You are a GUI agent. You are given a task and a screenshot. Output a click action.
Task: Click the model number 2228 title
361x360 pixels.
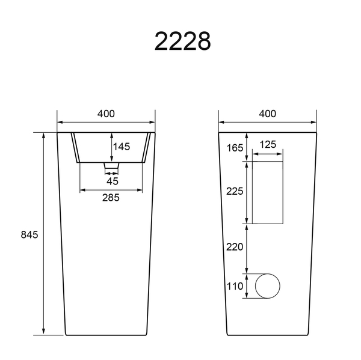pyautogui.click(x=182, y=41)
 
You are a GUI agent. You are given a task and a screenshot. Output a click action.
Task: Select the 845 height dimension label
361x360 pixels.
pyautogui.click(x=29, y=234)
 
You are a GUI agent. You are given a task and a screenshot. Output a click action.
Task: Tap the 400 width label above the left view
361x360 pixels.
pyautogui.click(x=106, y=114)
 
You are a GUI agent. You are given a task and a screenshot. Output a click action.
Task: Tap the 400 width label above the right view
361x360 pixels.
pyautogui.click(x=268, y=114)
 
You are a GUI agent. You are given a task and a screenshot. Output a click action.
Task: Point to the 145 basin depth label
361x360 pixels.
pyautogui.click(x=122, y=147)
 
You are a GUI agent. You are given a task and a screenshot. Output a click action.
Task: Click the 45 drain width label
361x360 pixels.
pyautogui.click(x=113, y=182)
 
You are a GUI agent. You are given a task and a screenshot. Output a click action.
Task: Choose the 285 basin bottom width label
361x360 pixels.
pyautogui.click(x=111, y=198)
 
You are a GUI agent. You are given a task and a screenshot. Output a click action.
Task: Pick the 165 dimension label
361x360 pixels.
pyautogui.click(x=235, y=148)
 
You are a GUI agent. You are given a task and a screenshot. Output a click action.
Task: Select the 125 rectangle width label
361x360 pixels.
pyautogui.click(x=268, y=144)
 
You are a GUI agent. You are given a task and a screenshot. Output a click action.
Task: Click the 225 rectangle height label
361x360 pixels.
pyautogui.click(x=235, y=191)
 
